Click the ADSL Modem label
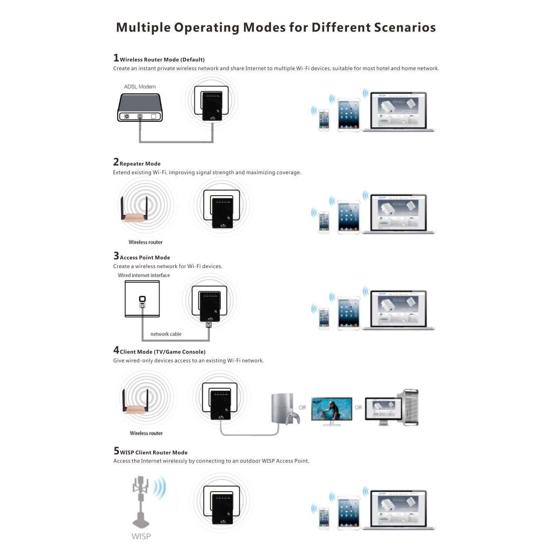[140, 87]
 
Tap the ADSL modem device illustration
[140, 108]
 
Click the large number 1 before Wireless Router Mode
[116, 58]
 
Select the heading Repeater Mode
[140, 164]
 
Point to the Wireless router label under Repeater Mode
[145, 242]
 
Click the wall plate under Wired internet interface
[142, 299]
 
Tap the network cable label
[166, 334]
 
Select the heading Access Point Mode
[145, 258]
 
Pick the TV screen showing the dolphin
[331, 409]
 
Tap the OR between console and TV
[302, 408]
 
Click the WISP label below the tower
[141, 536]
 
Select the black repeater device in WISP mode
[222, 507]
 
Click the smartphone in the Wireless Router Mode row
[324, 120]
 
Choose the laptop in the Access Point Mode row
[398, 310]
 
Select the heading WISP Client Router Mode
[153, 452]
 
